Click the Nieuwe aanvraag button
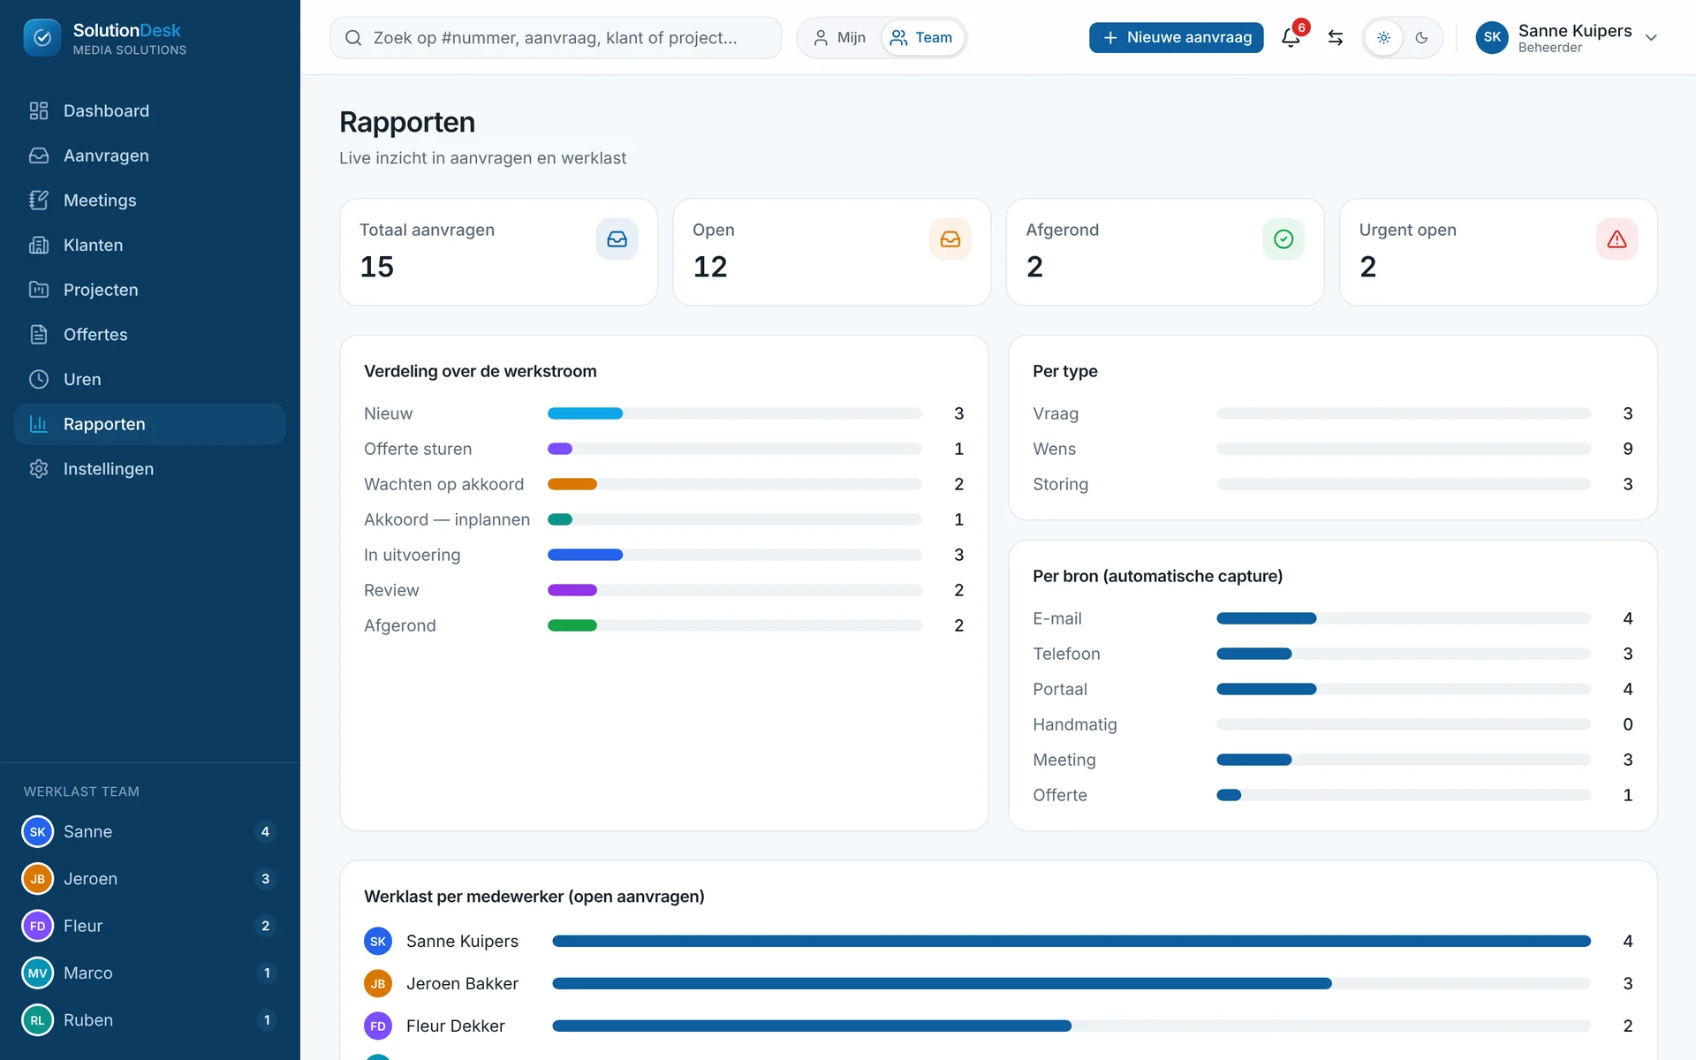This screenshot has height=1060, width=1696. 1176,37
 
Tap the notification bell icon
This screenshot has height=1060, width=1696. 1291,38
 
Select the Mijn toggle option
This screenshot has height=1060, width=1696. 839,37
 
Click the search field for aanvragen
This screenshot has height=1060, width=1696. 556,37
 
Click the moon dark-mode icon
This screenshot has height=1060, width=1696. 1421,38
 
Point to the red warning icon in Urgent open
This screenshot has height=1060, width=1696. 1616,239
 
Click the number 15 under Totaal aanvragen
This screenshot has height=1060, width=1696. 377,267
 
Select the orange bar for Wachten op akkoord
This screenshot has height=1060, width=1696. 572,484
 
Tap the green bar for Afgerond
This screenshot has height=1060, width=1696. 572,625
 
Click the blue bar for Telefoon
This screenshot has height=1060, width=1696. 1254,654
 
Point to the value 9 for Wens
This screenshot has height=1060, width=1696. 1628,449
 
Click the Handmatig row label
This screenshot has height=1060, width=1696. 1075,724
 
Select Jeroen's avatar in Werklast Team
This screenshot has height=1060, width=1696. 38,879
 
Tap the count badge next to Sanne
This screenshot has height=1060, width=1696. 265,831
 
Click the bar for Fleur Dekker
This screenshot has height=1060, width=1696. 812,1026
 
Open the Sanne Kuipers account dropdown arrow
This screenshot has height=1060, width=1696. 1651,38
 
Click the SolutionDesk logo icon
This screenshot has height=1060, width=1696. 42,37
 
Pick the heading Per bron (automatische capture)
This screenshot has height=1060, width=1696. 1157,576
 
